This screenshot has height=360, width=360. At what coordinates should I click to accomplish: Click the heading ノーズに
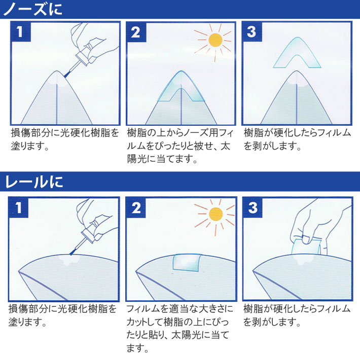coord(33,9)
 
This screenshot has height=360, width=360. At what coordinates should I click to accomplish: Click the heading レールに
coord(34,182)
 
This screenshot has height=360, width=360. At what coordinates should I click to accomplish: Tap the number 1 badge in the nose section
coord(20,31)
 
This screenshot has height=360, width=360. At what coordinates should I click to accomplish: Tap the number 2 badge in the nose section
coord(136,32)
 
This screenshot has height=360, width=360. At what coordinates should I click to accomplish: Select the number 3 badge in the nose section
coord(252,31)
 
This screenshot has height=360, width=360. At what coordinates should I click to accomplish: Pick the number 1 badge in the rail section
coord(18,207)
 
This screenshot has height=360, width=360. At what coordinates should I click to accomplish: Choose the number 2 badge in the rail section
coord(136,208)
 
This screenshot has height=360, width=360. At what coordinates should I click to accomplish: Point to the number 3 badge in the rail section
coord(253,208)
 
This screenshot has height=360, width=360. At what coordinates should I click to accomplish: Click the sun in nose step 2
coord(215,40)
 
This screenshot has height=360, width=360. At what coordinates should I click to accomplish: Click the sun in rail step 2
coord(216,214)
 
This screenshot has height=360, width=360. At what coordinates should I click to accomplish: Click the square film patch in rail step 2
coord(187,263)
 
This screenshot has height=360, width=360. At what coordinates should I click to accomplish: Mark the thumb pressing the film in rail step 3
coord(306,239)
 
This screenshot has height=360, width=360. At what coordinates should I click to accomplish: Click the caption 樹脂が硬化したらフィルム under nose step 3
coord(297,133)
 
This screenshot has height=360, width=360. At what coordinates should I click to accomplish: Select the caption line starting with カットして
coord(177,322)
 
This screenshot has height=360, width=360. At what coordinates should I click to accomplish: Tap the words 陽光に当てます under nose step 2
coord(162,159)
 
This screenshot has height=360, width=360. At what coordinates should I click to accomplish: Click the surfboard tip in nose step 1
coord(57,71)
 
